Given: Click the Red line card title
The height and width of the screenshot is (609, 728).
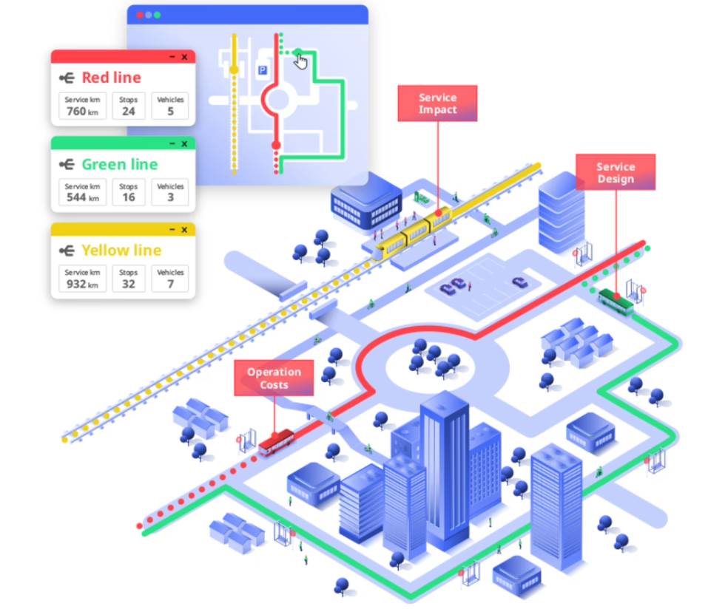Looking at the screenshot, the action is coord(111,78).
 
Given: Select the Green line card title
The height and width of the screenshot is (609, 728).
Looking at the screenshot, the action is coord(119,164).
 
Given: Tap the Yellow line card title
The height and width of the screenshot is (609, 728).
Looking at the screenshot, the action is coord(121,251).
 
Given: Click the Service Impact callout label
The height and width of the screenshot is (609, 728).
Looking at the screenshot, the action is coord(437,103).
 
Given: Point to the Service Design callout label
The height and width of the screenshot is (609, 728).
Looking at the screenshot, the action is coord(616,173).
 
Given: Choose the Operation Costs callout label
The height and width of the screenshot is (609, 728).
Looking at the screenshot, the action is coord(274,378).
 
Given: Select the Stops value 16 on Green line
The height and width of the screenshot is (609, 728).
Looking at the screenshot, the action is coord(129,197).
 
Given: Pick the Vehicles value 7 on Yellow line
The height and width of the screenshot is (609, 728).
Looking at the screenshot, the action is coord(170,284).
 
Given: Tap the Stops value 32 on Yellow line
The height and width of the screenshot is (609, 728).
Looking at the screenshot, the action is coord(129,284).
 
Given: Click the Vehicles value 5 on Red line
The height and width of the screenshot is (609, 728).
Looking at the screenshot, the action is coord(170,112).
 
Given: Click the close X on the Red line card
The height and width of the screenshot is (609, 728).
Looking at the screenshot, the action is coord(184,57).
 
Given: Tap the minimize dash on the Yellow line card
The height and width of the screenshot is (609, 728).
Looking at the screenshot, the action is coord(172,230).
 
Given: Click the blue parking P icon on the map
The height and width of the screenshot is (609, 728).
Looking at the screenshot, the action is coord(261,69).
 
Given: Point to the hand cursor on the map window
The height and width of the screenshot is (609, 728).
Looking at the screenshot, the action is coord(300,60).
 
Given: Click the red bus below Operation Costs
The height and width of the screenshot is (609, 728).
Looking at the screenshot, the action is coord(276,442).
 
